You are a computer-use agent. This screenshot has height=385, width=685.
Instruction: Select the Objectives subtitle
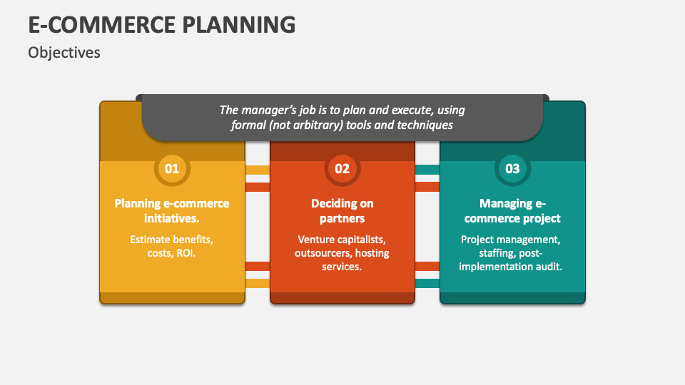pyautogui.click(x=64, y=53)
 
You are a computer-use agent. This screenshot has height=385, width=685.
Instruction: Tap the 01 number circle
pyautogui.click(x=172, y=169)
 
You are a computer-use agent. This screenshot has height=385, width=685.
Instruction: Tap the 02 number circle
pyautogui.click(x=342, y=169)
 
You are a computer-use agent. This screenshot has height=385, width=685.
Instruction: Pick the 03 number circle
pyautogui.click(x=512, y=169)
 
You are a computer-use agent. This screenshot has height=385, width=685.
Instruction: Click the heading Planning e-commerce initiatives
pyautogui.click(x=172, y=210)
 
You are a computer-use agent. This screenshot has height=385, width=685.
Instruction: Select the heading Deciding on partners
pyautogui.click(x=342, y=210)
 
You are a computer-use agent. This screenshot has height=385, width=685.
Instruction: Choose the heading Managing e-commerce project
pyautogui.click(x=512, y=210)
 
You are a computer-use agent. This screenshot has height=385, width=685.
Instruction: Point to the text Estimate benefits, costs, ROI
pyautogui.click(x=172, y=247)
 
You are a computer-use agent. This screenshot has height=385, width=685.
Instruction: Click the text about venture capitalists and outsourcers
pyautogui.click(x=342, y=253)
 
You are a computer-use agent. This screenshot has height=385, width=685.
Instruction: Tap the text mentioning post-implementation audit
pyautogui.click(x=511, y=253)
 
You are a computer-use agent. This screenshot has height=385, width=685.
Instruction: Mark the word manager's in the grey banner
pyautogui.click(x=268, y=111)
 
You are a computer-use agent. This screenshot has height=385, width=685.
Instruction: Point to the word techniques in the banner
pyautogui.click(x=427, y=125)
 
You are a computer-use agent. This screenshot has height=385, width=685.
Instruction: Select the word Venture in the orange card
pyautogui.click(x=316, y=240)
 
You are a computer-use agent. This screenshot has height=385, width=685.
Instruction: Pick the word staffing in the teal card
pyautogui.click(x=482, y=253)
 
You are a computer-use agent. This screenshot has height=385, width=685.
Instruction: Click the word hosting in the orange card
pyautogui.click(x=371, y=253)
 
